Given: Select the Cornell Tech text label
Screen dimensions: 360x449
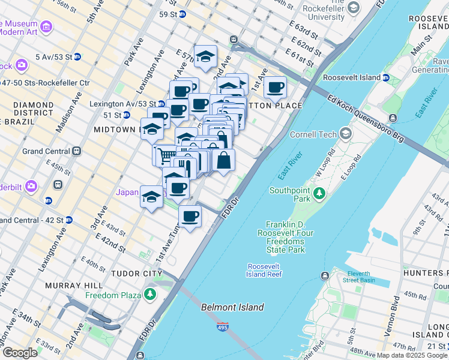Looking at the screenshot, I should (x=313, y=134).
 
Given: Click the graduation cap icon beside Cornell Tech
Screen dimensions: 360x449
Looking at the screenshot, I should (x=346, y=133).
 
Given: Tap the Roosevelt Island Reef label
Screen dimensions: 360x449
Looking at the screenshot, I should (x=264, y=270).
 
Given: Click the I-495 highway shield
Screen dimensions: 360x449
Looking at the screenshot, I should (x=222, y=327).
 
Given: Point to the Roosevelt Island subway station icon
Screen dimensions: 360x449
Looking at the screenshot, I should (x=386, y=77).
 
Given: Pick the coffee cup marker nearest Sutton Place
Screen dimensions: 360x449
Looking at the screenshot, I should (x=275, y=88).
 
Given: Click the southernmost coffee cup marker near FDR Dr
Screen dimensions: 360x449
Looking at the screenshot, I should (x=190, y=215).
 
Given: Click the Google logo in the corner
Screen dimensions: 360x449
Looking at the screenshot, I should (x=19, y=352).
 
